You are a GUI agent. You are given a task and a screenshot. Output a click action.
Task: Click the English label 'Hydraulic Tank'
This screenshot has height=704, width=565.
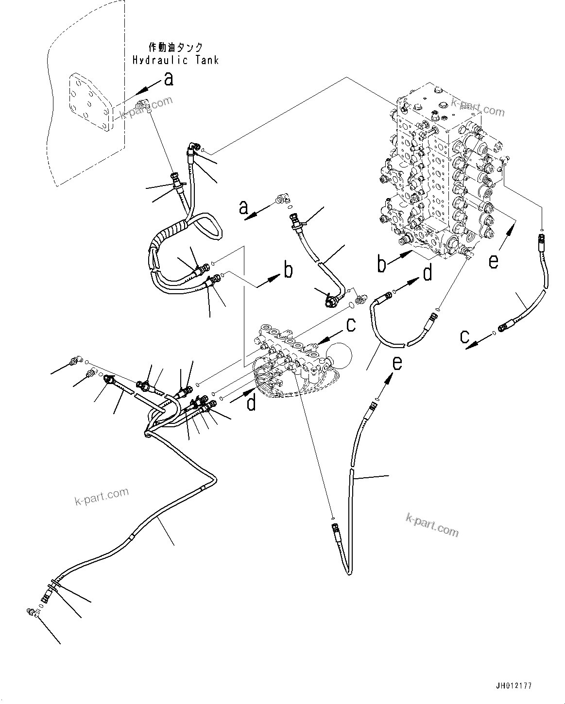click(175, 60)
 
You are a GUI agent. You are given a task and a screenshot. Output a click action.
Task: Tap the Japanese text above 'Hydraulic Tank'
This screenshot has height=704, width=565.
click(175, 48)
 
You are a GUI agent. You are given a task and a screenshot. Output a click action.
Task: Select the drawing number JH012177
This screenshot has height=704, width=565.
click(514, 686)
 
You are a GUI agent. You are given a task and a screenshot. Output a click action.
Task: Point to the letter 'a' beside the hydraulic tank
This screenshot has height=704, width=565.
click(169, 79)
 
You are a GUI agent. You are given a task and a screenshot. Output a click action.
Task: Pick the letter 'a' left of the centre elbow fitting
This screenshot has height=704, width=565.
click(243, 208)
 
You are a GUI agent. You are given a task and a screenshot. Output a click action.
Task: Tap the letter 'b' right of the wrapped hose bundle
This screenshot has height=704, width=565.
click(288, 270)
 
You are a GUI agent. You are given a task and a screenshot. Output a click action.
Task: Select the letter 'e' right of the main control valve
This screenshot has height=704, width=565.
click(494, 261)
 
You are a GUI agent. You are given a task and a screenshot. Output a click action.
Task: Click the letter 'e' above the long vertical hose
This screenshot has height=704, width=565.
click(397, 362)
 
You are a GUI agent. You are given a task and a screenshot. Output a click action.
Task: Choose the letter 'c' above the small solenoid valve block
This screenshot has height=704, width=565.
click(351, 324)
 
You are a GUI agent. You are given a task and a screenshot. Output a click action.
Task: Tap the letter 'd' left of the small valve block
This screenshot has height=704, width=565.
click(251, 402)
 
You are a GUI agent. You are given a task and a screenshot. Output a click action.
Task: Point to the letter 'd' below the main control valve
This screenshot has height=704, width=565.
click(427, 273)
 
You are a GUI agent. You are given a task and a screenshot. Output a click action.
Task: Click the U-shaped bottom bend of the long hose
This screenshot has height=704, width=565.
click(349, 573)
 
